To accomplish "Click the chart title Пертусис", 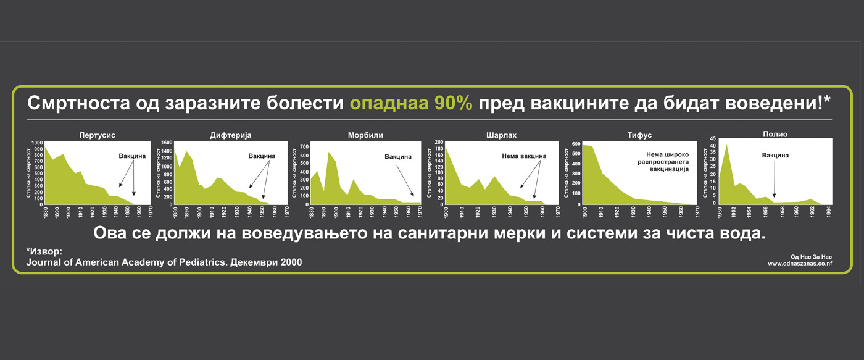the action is pyautogui.click(x=98, y=135).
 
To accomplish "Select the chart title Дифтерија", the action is pyautogui.click(x=231, y=135).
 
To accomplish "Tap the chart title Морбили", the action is pyautogui.click(x=365, y=135).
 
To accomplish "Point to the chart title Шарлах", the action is pyautogui.click(x=501, y=135).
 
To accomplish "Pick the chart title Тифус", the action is pyautogui.click(x=639, y=135).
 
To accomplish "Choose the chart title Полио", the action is pyautogui.click(x=775, y=134).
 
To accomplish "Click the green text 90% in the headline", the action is pyautogui.click(x=453, y=103).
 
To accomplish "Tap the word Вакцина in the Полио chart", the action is pyautogui.click(x=775, y=156).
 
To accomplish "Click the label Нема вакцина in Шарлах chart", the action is pyautogui.click(x=524, y=156).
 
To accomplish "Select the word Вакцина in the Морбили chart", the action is pyautogui.click(x=397, y=157).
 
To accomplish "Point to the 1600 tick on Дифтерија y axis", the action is pyautogui.click(x=167, y=143).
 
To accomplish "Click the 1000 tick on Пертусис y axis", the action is pyautogui.click(x=38, y=143).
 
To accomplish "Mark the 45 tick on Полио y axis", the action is pyautogui.click(x=713, y=138).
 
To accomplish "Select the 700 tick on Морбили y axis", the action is pyautogui.click(x=304, y=147).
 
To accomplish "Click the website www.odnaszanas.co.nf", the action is pyautogui.click(x=800, y=264).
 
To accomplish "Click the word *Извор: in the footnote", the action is pyautogui.click(x=44, y=251).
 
